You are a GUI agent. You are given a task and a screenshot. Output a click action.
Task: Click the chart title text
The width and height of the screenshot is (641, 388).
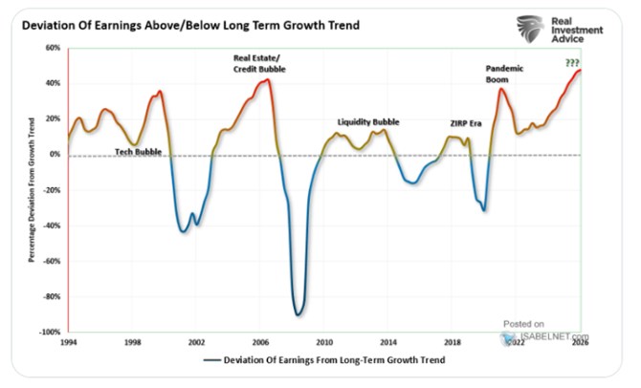coord(190,25)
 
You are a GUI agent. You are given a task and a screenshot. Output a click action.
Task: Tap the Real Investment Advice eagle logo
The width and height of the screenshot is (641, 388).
coord(530,29)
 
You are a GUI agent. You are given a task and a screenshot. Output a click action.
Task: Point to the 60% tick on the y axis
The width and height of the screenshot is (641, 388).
coord(53,48)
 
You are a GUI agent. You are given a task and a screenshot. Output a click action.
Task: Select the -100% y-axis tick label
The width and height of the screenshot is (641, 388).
coord(50,332)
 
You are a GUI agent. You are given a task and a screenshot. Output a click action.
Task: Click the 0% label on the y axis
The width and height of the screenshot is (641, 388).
coord(55,155)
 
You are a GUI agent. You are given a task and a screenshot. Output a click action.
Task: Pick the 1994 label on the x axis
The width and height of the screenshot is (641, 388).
coord(68,342)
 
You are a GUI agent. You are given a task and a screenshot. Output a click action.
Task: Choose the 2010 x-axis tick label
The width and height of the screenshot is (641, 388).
coord(324,342)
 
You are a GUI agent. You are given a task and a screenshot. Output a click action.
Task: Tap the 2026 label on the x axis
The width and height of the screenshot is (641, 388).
coord(580,342)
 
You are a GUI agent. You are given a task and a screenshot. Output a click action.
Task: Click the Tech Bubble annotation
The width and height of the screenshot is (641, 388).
coord(138,152)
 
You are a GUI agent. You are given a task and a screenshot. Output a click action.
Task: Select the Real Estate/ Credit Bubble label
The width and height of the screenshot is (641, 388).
coord(259,64)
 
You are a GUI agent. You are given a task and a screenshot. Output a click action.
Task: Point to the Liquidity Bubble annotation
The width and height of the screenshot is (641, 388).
coord(368,122)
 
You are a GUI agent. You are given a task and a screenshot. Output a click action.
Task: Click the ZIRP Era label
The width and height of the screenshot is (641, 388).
coord(466,123)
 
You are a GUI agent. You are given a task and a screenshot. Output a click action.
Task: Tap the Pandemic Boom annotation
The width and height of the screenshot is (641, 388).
coord(504,74)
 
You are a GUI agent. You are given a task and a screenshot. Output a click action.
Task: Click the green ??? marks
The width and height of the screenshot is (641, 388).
coord(572,62)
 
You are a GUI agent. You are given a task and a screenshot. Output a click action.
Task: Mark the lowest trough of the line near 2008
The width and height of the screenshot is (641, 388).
coord(298,315)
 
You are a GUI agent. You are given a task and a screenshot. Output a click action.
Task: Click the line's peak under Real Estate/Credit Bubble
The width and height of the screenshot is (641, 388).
coord(267,79)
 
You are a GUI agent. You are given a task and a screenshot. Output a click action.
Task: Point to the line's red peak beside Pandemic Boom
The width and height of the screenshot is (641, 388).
coord(501,89)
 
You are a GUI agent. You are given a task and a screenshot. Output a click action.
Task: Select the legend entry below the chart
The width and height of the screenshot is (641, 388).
coord(324,360)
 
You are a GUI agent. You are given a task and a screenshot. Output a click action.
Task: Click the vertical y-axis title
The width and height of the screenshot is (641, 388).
coord(32,190)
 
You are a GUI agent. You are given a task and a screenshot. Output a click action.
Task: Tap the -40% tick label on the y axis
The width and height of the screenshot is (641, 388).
coord(52,226)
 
